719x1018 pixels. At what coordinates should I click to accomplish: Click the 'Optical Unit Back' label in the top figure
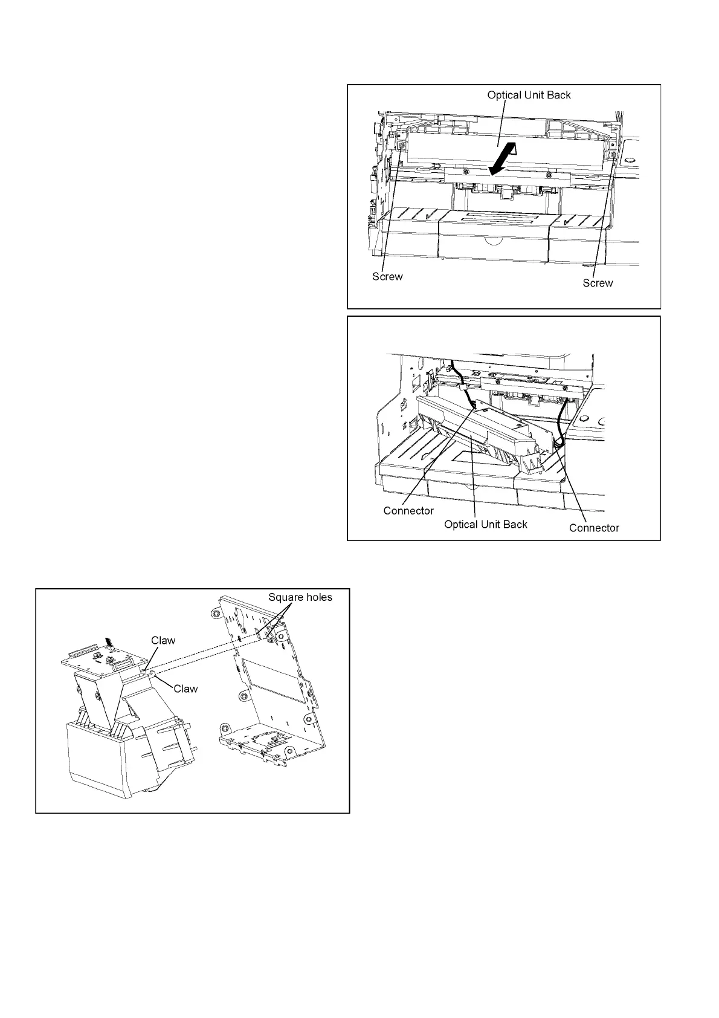tap(529, 95)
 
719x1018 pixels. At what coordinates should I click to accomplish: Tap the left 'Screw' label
tap(387, 277)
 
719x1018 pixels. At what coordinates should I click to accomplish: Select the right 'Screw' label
tap(598, 283)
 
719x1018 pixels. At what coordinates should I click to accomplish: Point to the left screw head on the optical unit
tap(401, 146)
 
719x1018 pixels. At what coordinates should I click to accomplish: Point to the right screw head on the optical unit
tap(613, 156)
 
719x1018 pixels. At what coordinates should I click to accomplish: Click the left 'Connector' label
tap(408, 511)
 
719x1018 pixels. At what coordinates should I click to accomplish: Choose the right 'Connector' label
tap(594, 528)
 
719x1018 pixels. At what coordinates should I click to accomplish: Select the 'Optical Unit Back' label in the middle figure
tap(486, 524)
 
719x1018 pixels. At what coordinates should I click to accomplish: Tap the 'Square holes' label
tap(300, 597)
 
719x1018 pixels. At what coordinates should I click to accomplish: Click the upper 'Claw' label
tap(163, 640)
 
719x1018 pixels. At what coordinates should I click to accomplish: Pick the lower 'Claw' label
tap(185, 689)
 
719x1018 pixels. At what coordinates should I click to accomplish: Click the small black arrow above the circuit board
tap(109, 642)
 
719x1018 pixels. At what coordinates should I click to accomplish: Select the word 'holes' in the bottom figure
tap(317, 597)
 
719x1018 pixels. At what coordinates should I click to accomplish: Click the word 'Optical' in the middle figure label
tap(460, 524)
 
